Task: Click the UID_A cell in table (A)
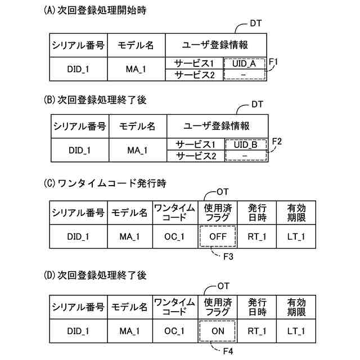click(244, 64)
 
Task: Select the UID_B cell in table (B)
click(246, 145)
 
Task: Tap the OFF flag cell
click(217, 237)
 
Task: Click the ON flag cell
click(218, 331)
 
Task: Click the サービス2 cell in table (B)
click(195, 155)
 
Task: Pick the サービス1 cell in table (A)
click(194, 64)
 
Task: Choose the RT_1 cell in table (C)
click(258, 237)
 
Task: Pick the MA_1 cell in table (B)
click(137, 150)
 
